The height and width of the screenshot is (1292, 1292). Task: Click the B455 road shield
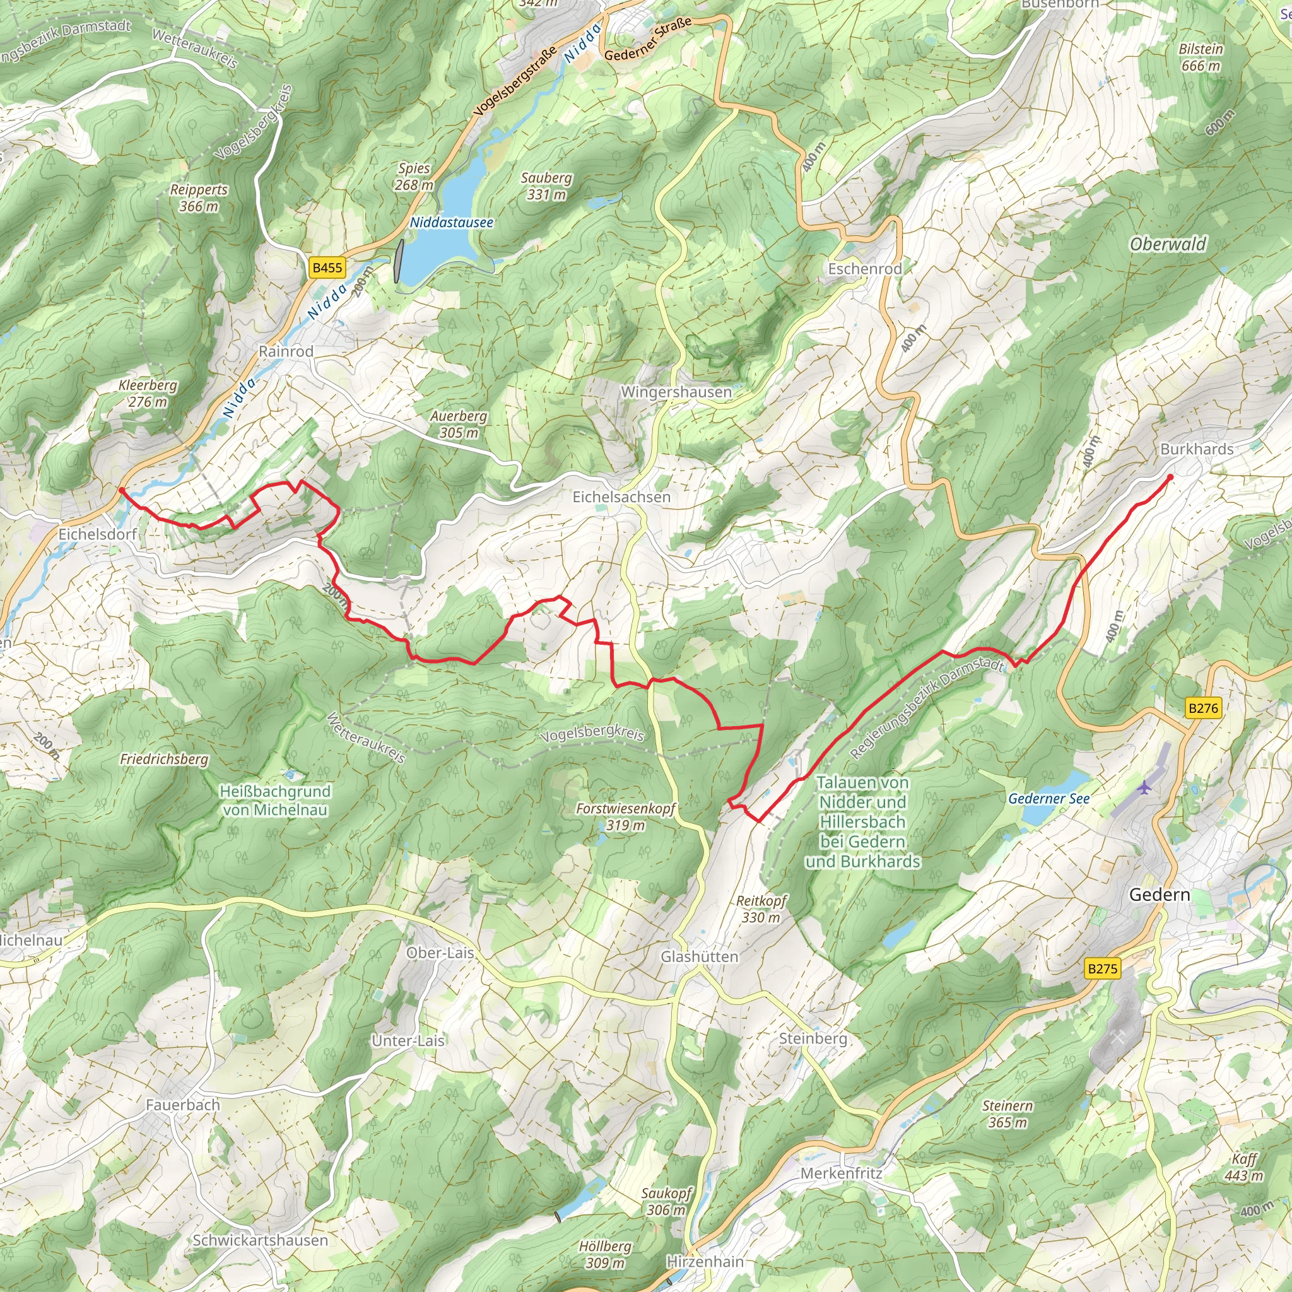327,268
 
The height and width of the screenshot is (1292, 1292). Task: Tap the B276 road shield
1203,708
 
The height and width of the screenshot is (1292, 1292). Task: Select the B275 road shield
1102,969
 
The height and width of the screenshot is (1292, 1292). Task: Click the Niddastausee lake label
452,223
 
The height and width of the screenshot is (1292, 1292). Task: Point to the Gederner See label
1048,799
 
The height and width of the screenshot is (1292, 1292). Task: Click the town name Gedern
1159,895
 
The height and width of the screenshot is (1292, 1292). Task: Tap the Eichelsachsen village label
621,497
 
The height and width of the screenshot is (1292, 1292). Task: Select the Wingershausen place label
676,392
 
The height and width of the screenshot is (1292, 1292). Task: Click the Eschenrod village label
865,269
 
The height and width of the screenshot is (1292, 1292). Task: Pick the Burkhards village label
1196,449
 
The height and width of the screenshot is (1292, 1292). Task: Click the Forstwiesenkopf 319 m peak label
626,816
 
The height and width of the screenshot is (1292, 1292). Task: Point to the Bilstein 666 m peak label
1201,57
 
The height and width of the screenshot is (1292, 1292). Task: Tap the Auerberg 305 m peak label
459,424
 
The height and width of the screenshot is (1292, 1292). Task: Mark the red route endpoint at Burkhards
1170,477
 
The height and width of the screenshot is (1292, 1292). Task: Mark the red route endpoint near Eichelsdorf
121,490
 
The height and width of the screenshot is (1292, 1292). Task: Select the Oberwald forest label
1168,245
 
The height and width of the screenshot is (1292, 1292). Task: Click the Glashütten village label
699,957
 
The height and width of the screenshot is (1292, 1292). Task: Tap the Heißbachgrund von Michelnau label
276,801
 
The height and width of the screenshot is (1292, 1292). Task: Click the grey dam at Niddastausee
399,261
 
